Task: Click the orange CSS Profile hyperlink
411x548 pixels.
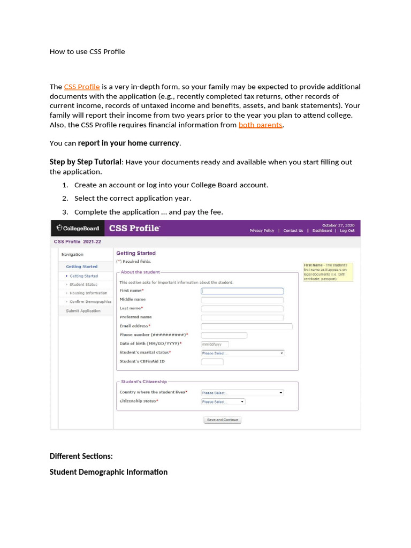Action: pyautogui.click(x=82, y=87)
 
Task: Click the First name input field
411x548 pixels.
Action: pyautogui.click(x=242, y=291)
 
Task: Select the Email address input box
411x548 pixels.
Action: pyautogui.click(x=246, y=326)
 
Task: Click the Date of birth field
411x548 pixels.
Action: pyautogui.click(x=215, y=344)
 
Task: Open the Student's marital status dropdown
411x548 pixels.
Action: pyautogui.click(x=242, y=353)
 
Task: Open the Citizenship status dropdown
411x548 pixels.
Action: pyautogui.click(x=223, y=401)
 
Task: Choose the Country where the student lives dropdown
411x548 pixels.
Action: pyautogui.click(x=242, y=393)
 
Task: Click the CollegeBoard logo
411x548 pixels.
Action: pyautogui.click(x=78, y=229)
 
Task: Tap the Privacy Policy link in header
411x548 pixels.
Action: pyautogui.click(x=262, y=231)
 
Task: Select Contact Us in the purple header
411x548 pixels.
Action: pyautogui.click(x=293, y=231)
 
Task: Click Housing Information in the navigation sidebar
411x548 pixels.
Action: pyautogui.click(x=88, y=293)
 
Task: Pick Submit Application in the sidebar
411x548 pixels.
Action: pyautogui.click(x=83, y=311)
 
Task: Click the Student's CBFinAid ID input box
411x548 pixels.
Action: pyautogui.click(x=212, y=362)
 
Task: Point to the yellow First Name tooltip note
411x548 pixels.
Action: pyautogui.click(x=328, y=272)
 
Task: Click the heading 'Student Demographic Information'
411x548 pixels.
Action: pyautogui.click(x=109, y=472)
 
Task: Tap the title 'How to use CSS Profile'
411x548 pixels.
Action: pyautogui.click(x=87, y=52)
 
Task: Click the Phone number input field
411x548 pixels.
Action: pyautogui.click(x=224, y=336)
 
